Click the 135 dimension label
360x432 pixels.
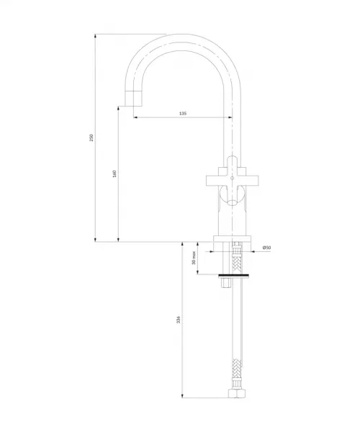point(183,113)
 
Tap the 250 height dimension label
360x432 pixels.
point(91,138)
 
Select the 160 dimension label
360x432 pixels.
point(114,174)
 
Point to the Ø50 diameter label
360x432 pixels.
point(266,248)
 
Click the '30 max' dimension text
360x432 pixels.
point(194,258)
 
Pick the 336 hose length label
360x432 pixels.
point(179,320)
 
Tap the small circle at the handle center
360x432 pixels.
point(232,179)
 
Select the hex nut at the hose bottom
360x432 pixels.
point(237,393)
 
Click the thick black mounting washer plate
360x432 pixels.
point(234,276)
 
